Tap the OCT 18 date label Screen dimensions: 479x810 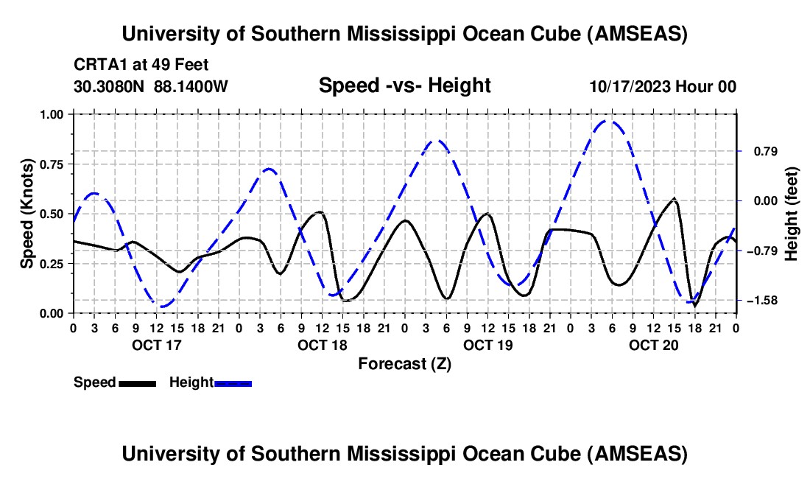(x=322, y=345)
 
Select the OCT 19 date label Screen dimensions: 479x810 (x=487, y=345)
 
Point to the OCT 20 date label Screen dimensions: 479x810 (x=654, y=345)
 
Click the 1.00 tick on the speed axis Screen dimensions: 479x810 (x=51, y=114)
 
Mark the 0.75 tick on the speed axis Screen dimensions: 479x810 (x=51, y=164)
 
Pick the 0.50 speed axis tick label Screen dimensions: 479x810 (x=51, y=214)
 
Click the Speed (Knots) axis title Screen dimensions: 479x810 (x=27, y=214)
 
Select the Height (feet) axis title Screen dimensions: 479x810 (x=792, y=214)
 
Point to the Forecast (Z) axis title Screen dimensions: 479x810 (x=404, y=363)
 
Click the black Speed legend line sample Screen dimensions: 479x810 (x=137, y=382)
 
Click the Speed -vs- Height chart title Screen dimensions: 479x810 (x=404, y=85)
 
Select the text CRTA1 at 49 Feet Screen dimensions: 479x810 (x=141, y=65)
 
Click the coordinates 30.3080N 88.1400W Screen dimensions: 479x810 (x=151, y=86)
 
